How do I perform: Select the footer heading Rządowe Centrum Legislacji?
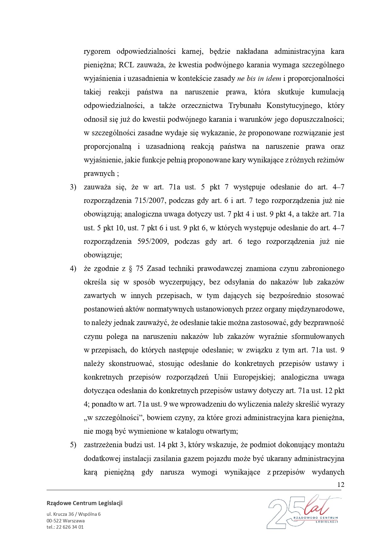[84, 503]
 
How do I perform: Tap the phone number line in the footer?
[65, 527]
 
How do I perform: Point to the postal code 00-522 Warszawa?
[66, 521]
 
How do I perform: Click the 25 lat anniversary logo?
[302, 513]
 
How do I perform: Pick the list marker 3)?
[73, 187]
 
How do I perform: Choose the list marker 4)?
[73, 268]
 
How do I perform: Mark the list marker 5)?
[73, 445]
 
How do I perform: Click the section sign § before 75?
[130, 268]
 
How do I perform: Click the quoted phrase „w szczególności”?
[114, 418]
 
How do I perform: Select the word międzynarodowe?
[316, 309]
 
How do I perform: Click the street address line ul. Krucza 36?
[73, 514]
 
